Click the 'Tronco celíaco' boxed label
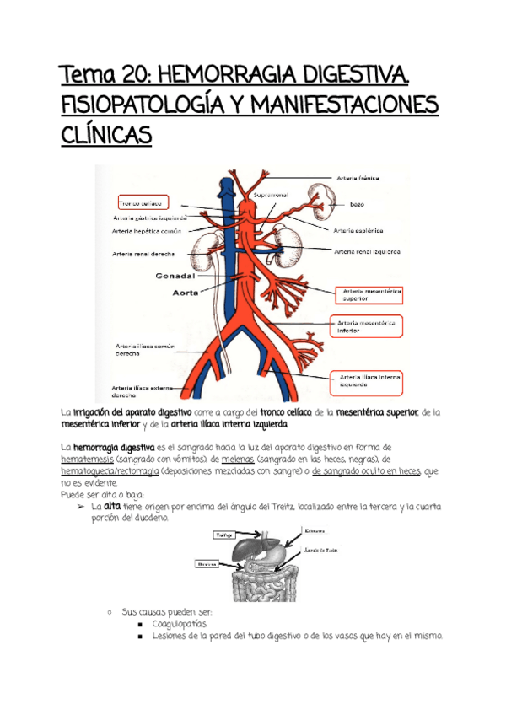(140, 203)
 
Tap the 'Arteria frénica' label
(358, 179)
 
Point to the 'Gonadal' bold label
(175, 276)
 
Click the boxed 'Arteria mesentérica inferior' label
(365, 325)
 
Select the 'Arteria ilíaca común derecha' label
(139, 350)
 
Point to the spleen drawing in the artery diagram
(322, 197)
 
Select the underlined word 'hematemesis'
(89, 460)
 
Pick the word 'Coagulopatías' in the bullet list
(180, 623)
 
